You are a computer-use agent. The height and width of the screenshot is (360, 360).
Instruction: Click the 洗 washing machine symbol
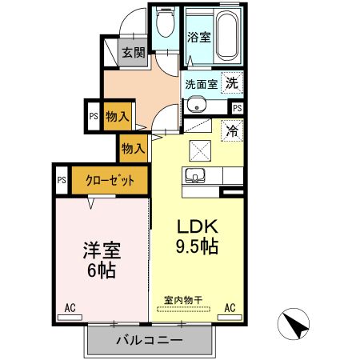(231, 82)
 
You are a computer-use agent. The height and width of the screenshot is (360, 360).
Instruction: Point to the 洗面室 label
(201, 83)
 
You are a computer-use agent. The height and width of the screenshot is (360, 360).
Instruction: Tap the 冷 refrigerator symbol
(231, 128)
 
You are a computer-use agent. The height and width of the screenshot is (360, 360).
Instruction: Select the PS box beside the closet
(61, 179)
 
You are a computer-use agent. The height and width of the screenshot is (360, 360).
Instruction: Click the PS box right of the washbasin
(238, 108)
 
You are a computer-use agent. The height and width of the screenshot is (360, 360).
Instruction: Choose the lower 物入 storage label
(134, 148)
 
